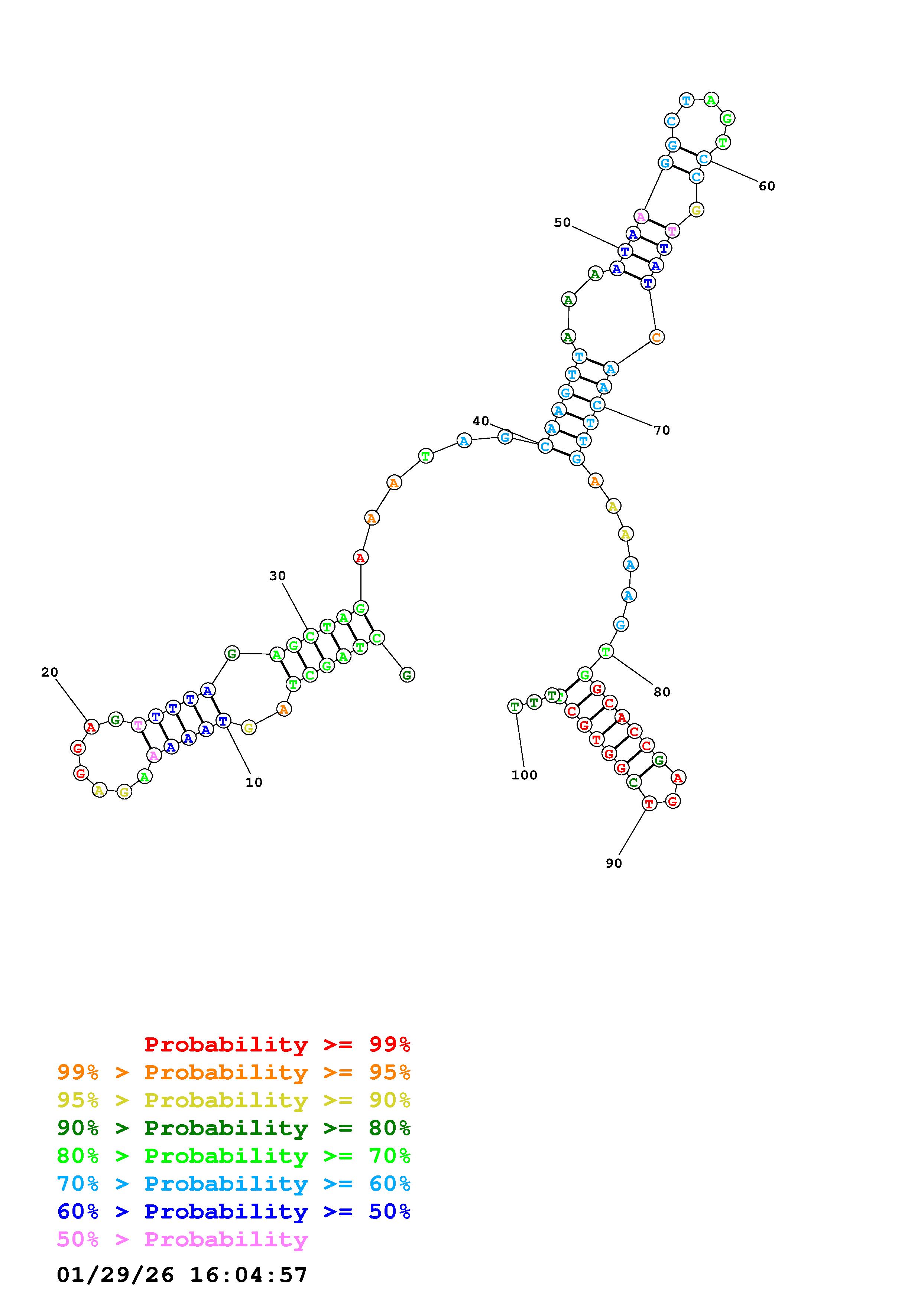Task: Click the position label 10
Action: pyautogui.click(x=254, y=782)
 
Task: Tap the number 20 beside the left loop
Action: pyautogui.click(x=49, y=672)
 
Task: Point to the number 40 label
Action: pyautogui.click(x=481, y=421)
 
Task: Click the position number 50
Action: pyautogui.click(x=562, y=222)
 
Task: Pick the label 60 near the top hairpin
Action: pyautogui.click(x=767, y=186)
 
